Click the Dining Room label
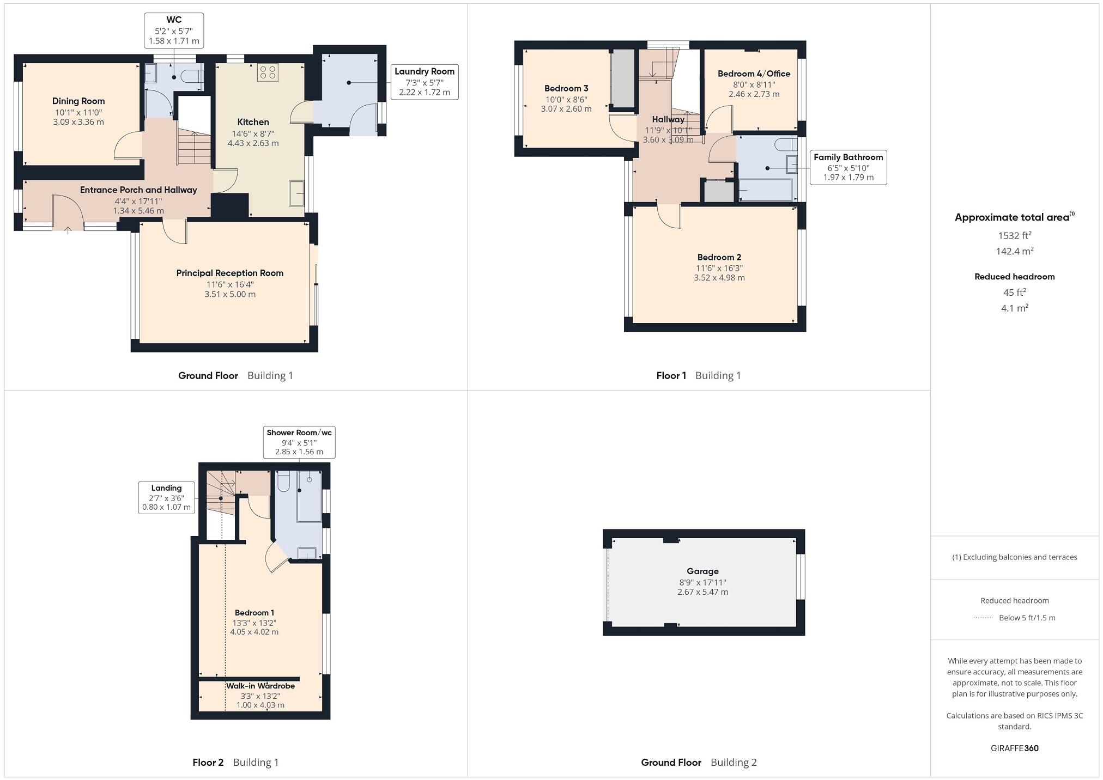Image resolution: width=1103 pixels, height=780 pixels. click(x=78, y=101)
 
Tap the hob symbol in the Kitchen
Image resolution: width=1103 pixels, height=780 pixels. click(x=268, y=72)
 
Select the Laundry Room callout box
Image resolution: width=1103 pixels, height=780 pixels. click(x=424, y=82)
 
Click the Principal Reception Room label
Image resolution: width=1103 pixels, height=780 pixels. click(x=229, y=273)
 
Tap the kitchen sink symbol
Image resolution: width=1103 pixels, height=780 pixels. click(x=296, y=193)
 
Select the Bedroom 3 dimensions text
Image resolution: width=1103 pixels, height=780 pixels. click(x=566, y=104)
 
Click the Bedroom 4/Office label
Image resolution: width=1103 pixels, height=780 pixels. click(x=754, y=74)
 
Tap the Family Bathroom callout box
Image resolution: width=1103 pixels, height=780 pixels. click(x=848, y=167)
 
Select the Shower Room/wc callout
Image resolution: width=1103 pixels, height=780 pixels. click(x=299, y=442)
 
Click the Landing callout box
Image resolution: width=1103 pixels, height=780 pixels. click(x=166, y=497)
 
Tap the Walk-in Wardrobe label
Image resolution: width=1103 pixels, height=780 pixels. click(x=260, y=686)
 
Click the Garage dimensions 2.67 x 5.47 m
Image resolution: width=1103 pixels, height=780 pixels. click(x=702, y=592)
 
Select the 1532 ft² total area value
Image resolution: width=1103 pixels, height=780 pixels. click(x=1014, y=236)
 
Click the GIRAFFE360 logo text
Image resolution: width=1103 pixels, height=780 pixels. click(x=1014, y=748)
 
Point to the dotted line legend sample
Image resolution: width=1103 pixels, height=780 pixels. click(x=983, y=618)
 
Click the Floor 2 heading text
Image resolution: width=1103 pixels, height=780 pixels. click(x=208, y=762)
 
